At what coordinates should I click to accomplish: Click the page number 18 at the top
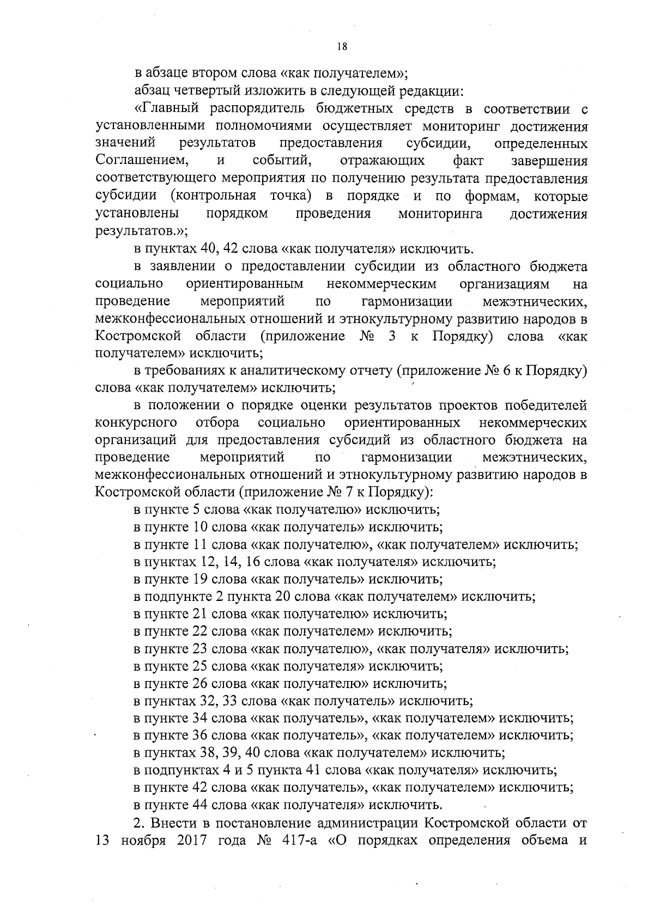[342, 46]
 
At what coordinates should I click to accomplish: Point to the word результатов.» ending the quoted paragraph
[141, 231]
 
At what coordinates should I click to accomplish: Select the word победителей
[546, 405]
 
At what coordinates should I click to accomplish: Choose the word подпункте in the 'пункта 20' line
[179, 597]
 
